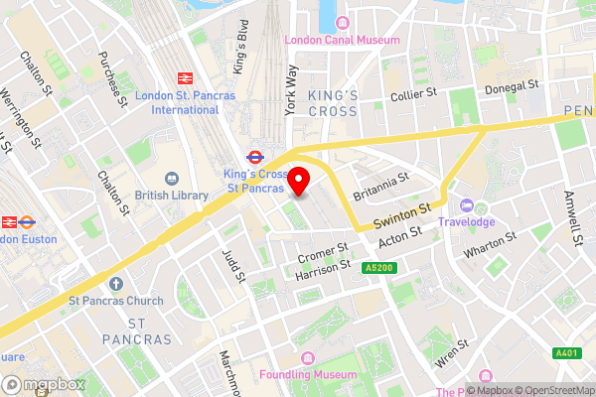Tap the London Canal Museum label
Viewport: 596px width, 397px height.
[343, 40]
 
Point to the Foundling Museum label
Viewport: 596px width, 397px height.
[307, 375]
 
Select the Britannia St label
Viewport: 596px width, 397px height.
[381, 186]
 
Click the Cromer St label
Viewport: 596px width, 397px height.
[323, 253]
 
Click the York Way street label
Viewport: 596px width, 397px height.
[292, 91]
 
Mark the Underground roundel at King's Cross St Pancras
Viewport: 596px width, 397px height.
[254, 156]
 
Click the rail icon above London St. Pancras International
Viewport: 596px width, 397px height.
[184, 77]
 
